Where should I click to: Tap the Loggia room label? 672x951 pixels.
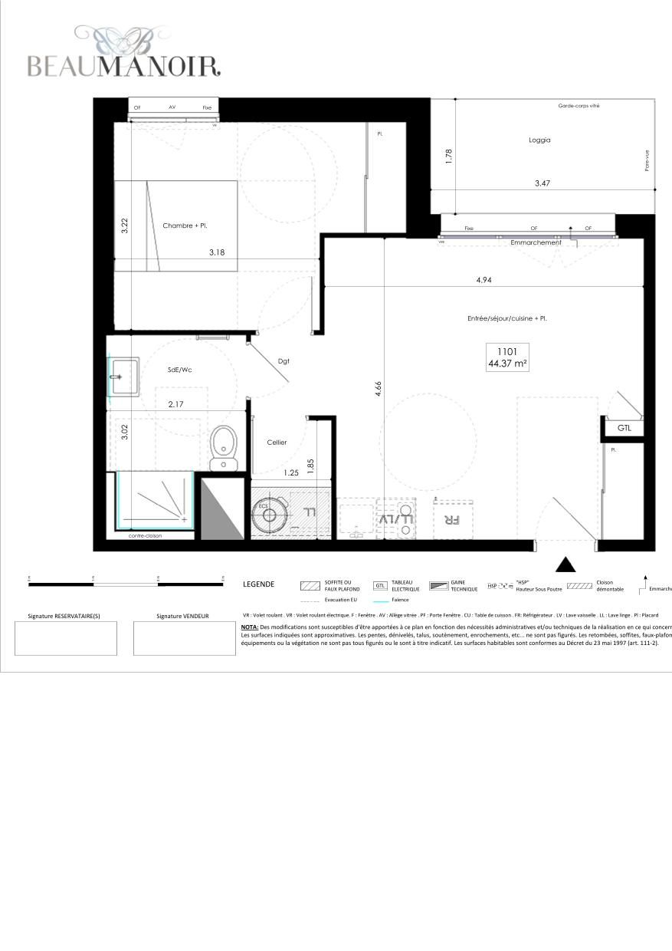(539, 140)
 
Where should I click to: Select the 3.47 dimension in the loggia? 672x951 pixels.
(543, 183)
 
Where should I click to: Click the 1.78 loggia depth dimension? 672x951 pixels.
(450, 156)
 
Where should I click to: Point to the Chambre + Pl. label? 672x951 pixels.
(185, 225)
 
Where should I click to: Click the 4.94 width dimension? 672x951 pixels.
(484, 280)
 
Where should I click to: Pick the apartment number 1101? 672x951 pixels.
(507, 352)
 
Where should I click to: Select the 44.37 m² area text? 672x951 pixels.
(507, 364)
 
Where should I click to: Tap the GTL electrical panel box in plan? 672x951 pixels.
(624, 428)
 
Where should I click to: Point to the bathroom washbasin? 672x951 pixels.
(123, 377)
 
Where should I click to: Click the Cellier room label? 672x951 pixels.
(277, 443)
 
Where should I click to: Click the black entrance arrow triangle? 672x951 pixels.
(565, 565)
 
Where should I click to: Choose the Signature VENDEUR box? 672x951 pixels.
(184, 638)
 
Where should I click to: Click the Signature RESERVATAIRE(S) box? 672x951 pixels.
(66, 638)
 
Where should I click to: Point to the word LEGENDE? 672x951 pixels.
(258, 584)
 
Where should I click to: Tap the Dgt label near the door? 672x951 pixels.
(283, 361)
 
